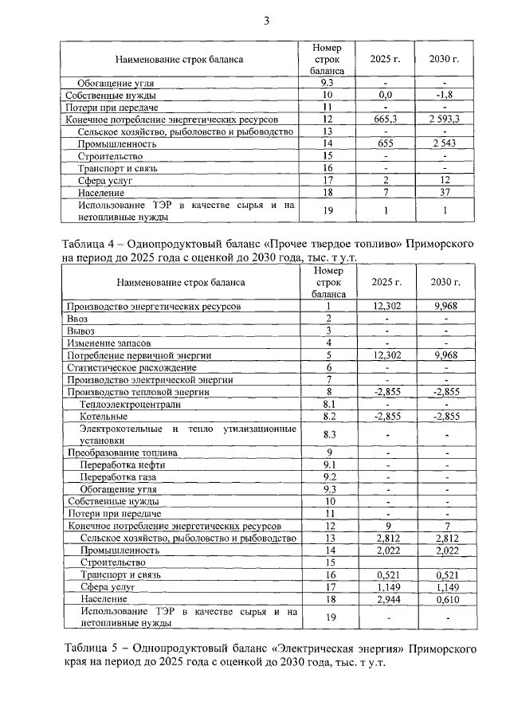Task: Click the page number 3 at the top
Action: pyautogui.click(x=267, y=21)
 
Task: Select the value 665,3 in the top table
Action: pyautogui.click(x=385, y=119)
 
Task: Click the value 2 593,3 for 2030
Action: pyautogui.click(x=445, y=119)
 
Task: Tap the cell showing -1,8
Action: pyautogui.click(x=445, y=95)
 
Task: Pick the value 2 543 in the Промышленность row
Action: pyautogui.click(x=445, y=143)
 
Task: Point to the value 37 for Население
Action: pyautogui.click(x=445, y=192)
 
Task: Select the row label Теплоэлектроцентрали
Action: pyautogui.click(x=130, y=404)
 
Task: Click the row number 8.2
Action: pyautogui.click(x=327, y=416)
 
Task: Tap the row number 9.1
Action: pyautogui.click(x=327, y=464)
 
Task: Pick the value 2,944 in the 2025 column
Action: pyautogui.click(x=385, y=598)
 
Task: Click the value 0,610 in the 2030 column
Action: pyautogui.click(x=445, y=598)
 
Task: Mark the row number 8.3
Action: pyautogui.click(x=327, y=434)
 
